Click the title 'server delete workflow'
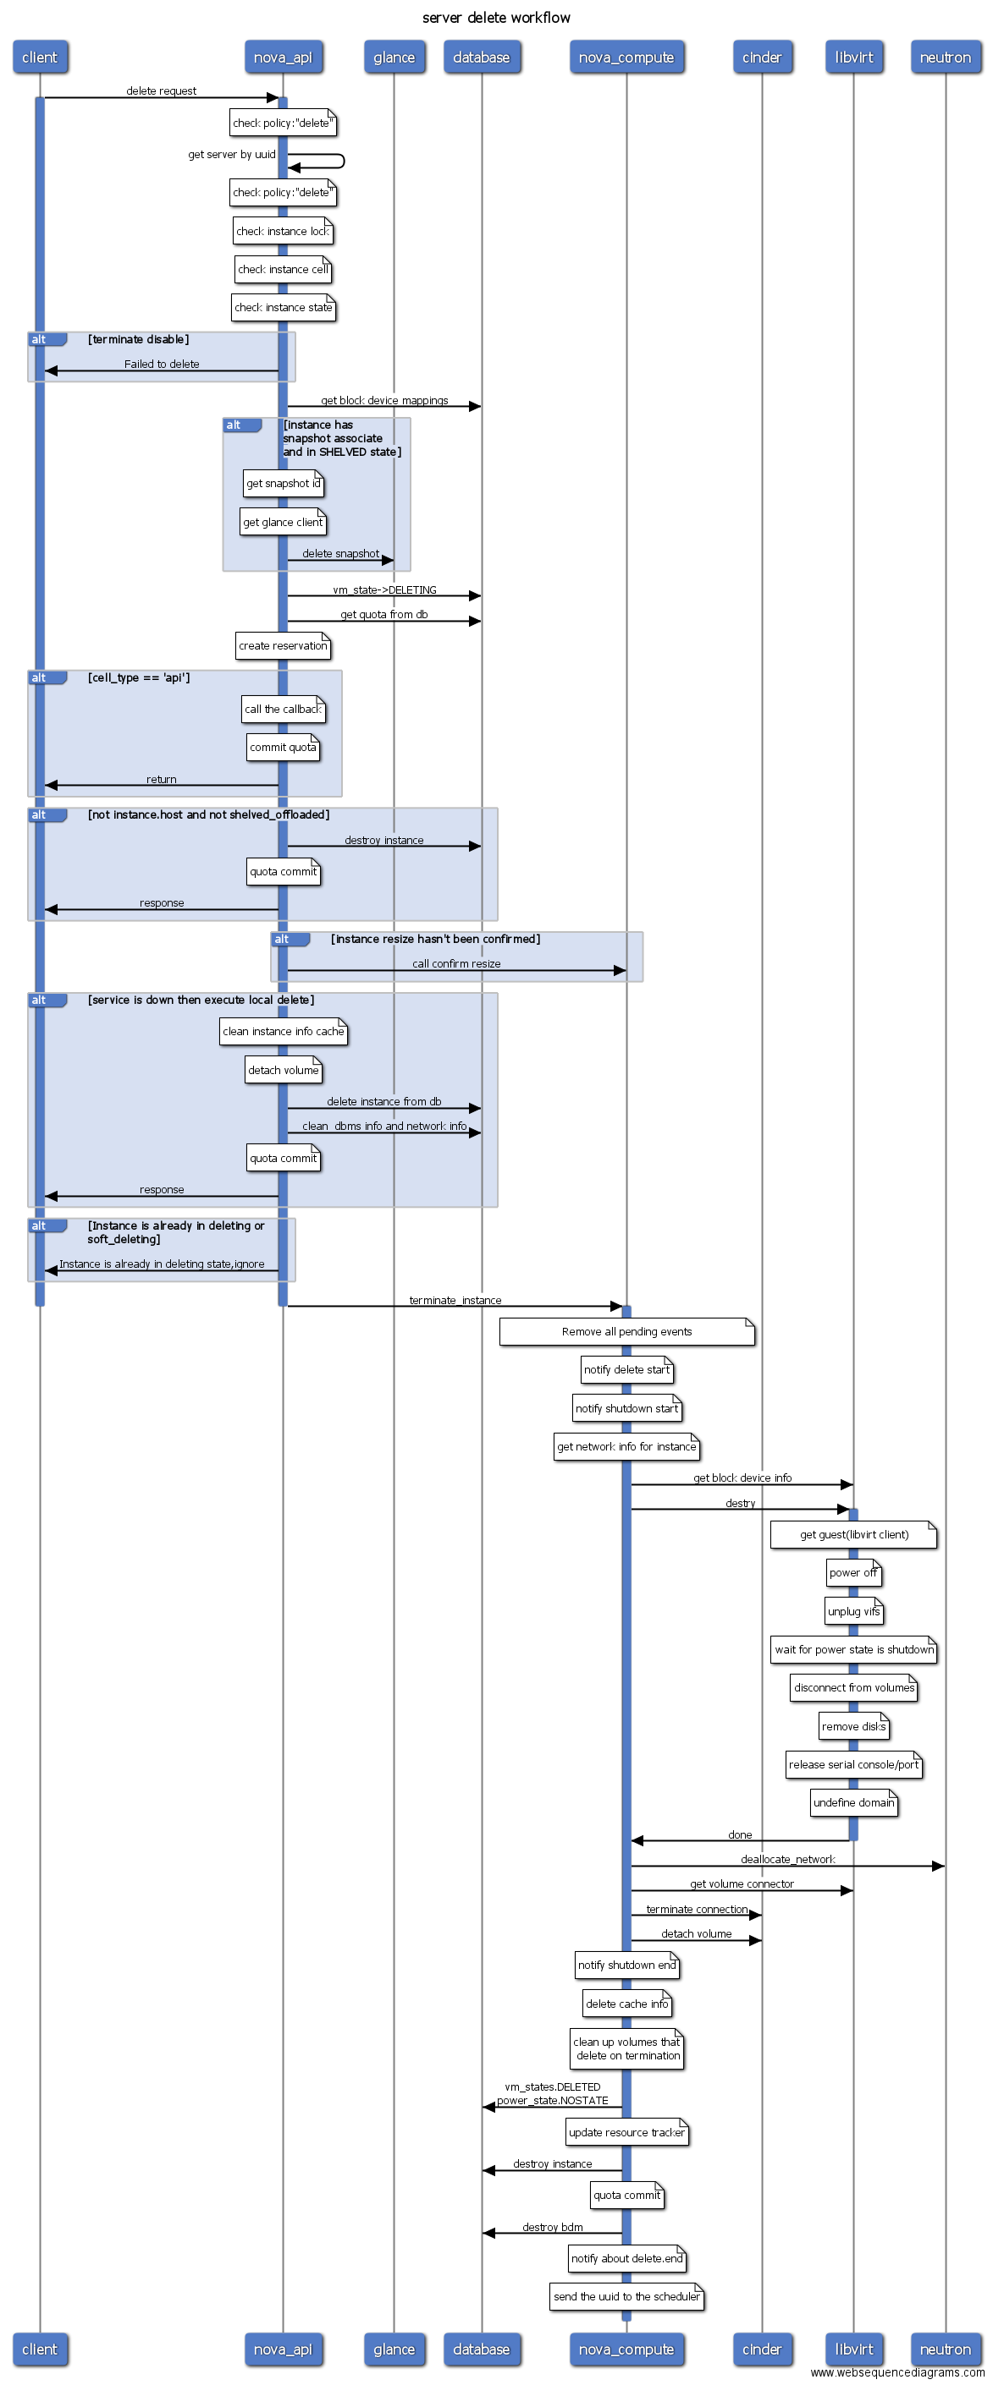(495, 18)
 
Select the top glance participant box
(394, 58)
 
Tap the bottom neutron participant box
(945, 2349)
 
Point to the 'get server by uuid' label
(232, 155)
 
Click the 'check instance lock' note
(283, 232)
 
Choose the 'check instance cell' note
(283, 270)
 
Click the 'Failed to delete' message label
(161, 364)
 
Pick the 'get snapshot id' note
(283, 483)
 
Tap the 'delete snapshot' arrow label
(340, 554)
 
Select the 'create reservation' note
(283, 646)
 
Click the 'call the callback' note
(283, 710)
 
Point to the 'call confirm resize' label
(455, 964)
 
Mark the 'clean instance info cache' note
(283, 1032)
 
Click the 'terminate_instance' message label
(455, 1300)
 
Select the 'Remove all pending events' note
(626, 1331)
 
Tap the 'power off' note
(853, 1572)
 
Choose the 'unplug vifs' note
(853, 1611)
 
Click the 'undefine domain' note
(853, 1802)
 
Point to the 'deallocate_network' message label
(787, 1859)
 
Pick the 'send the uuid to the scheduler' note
(626, 2296)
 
